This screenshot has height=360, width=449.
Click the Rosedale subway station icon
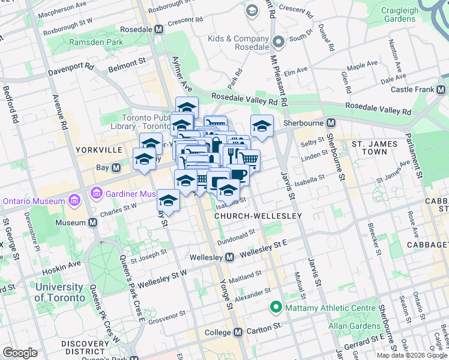click(x=159, y=29)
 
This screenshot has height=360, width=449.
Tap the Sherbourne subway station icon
click(x=331, y=123)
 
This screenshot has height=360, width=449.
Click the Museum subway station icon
click(x=92, y=223)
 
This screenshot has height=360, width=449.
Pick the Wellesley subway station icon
click(x=229, y=257)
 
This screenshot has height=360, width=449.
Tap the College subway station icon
click(x=238, y=332)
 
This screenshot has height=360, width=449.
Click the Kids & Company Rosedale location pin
click(x=277, y=41)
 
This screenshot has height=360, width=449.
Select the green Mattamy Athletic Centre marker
click(x=276, y=308)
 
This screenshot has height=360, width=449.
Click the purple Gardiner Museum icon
click(x=95, y=193)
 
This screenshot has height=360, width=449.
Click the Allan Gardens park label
click(x=354, y=326)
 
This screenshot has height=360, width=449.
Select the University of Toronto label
click(x=59, y=292)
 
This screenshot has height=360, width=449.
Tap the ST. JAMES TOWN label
click(x=378, y=149)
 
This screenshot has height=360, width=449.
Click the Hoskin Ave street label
click(x=64, y=263)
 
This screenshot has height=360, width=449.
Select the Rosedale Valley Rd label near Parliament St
click(x=381, y=111)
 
